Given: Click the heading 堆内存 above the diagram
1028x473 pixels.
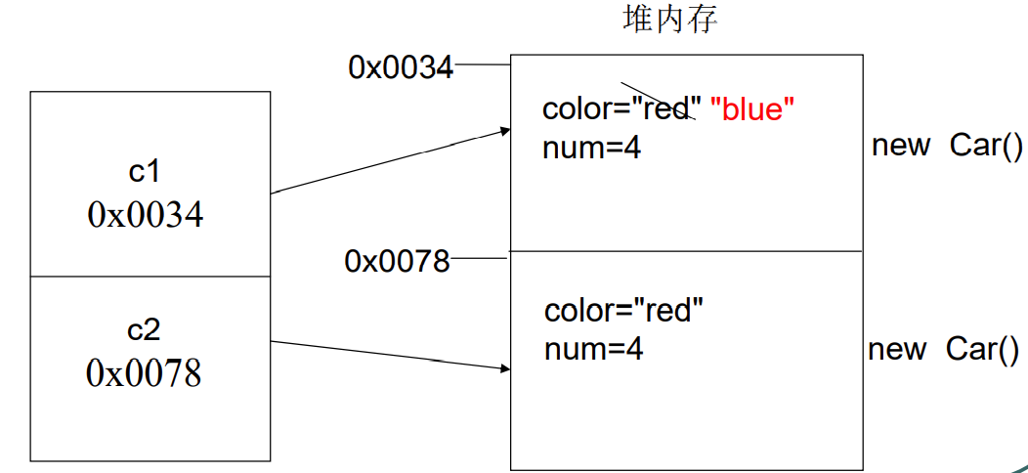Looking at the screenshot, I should click(x=670, y=20).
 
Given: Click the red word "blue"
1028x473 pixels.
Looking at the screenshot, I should click(x=752, y=109).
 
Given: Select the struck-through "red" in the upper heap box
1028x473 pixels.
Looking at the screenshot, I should click(x=667, y=108).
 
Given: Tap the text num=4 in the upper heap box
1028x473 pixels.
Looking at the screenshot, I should click(x=591, y=149).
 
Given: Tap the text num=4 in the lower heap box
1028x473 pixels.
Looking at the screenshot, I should click(x=594, y=349).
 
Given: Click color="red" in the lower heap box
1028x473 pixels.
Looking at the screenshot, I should click(x=624, y=311).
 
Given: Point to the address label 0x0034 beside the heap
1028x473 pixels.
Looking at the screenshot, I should click(x=401, y=66).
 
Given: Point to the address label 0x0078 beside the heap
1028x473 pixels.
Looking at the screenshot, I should click(x=397, y=261).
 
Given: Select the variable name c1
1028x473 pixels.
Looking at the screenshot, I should click(x=144, y=171).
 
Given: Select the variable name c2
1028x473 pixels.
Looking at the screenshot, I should click(x=144, y=330).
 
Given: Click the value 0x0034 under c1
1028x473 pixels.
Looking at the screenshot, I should click(x=146, y=214).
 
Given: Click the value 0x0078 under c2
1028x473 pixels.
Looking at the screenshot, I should click(x=144, y=372).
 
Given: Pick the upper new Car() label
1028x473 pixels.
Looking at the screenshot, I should click(x=947, y=146).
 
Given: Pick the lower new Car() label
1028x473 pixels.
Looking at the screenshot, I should click(x=944, y=349).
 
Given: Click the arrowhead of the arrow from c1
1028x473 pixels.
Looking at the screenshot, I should click(x=505, y=130).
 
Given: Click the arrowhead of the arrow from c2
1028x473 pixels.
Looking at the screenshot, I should click(x=505, y=369).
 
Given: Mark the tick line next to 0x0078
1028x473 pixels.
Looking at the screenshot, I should click(x=480, y=259).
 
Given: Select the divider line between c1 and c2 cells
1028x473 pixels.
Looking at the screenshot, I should click(x=150, y=277).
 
